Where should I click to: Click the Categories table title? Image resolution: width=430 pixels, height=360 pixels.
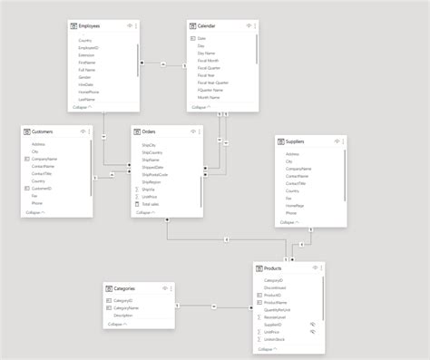[125, 287]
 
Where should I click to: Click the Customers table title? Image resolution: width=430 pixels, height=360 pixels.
[43, 131]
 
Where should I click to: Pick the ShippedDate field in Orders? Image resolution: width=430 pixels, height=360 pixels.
[154, 167]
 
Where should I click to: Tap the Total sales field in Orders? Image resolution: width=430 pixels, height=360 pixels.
[151, 205]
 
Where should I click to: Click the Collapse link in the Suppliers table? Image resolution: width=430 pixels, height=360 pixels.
[288, 221]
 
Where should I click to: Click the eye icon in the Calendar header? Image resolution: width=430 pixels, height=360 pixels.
[240, 26]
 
